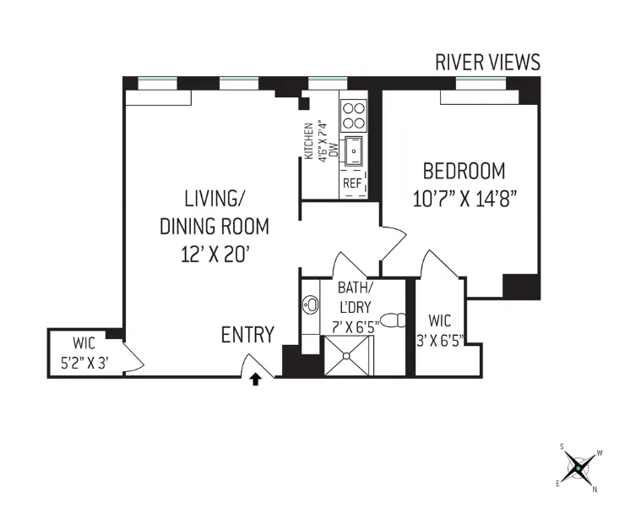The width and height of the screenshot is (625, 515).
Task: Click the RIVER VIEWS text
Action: [x=487, y=62]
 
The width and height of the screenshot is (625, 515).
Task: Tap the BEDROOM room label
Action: [x=464, y=172]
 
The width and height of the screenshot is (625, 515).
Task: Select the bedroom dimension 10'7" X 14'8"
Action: [x=464, y=200]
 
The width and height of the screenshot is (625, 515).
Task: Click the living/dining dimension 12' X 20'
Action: [x=215, y=254]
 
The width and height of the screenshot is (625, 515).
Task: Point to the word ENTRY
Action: [x=247, y=335]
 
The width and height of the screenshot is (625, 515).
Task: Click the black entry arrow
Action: [x=256, y=381]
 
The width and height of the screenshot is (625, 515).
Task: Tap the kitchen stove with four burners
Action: [x=352, y=113]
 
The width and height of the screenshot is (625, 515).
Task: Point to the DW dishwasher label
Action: [x=334, y=150]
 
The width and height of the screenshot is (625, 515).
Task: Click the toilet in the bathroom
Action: [x=392, y=321]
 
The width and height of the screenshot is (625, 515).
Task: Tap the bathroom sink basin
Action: [x=310, y=305]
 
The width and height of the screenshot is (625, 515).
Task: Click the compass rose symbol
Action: [x=578, y=466]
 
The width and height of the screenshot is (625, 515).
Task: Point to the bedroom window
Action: [x=481, y=83]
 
